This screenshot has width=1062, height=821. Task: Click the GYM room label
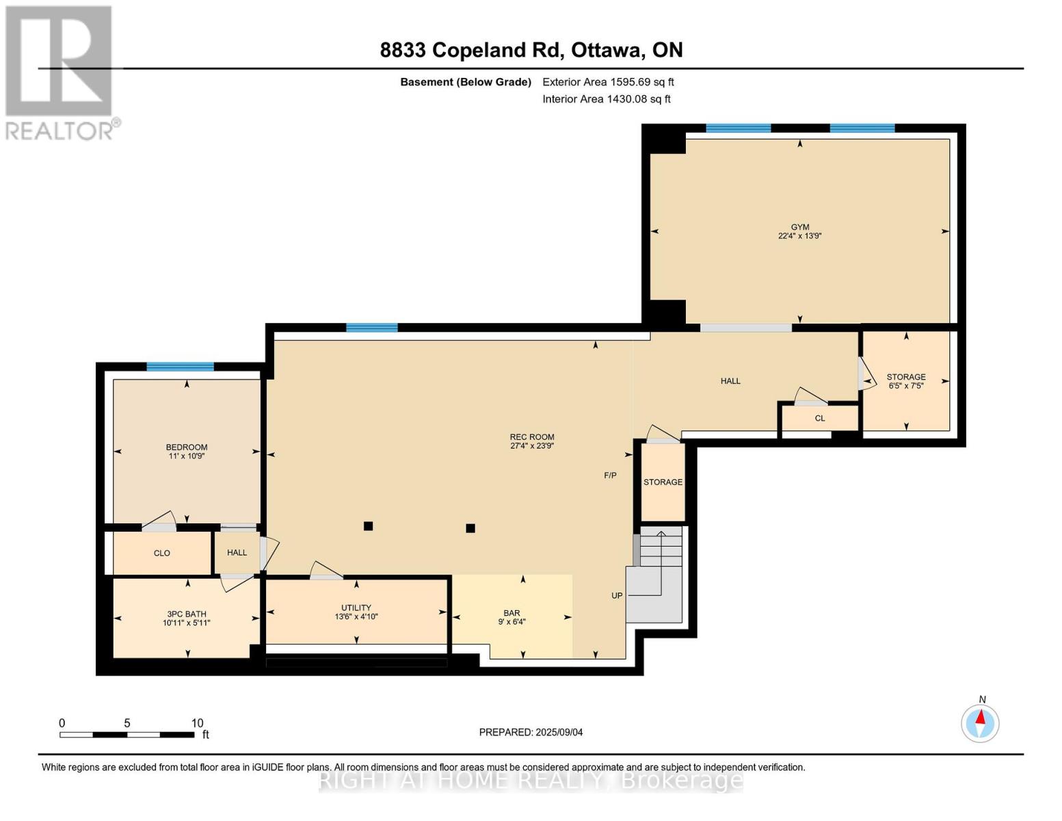pyautogui.click(x=799, y=227)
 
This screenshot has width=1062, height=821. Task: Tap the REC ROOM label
pyautogui.click(x=531, y=437)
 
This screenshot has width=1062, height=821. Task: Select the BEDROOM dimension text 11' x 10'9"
pyautogui.click(x=187, y=456)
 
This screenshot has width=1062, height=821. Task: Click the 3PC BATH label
pyautogui.click(x=186, y=614)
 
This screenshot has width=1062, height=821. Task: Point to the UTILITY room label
pyautogui.click(x=356, y=608)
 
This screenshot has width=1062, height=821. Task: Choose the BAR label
pyautogui.click(x=512, y=613)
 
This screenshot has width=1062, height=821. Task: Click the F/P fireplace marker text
pyautogui.click(x=610, y=475)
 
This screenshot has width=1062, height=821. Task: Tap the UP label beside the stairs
pyautogui.click(x=617, y=596)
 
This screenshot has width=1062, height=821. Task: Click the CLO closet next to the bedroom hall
pyautogui.click(x=162, y=553)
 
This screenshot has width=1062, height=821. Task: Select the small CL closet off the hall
pyautogui.click(x=820, y=418)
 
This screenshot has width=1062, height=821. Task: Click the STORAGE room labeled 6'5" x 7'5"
pyautogui.click(x=906, y=381)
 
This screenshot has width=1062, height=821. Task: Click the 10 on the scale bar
pyautogui.click(x=197, y=723)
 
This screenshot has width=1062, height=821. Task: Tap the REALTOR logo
pyautogui.click(x=59, y=72)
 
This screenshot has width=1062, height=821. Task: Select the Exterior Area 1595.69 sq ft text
pyautogui.click(x=608, y=82)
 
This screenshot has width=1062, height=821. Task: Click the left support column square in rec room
pyautogui.click(x=368, y=526)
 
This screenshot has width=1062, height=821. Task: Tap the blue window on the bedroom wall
pyautogui.click(x=180, y=367)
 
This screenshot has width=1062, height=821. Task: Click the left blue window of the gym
pyautogui.click(x=738, y=128)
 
